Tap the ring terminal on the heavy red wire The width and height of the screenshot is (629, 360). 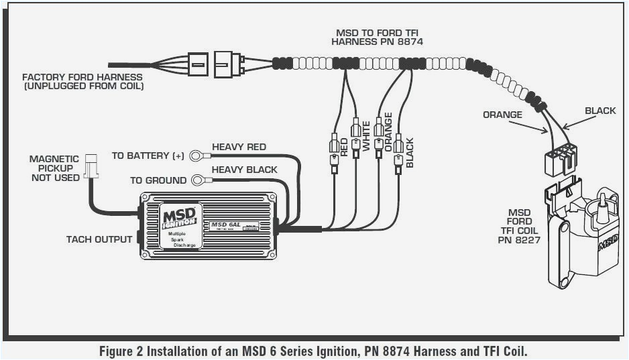point(197,156)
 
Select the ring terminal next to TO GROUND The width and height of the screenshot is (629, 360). point(198,180)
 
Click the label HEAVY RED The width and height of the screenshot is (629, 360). point(239,147)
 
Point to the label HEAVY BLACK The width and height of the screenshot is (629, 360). point(244,170)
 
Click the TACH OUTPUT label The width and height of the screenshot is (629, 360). point(99,239)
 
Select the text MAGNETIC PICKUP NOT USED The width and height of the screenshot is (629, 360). point(54,168)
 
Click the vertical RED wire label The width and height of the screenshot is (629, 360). point(344,147)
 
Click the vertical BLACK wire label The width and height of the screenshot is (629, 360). point(410,153)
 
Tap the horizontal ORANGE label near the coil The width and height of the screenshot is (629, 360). point(502,115)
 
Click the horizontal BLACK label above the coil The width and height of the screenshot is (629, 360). point(599,111)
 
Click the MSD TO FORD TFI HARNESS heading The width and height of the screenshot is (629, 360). point(379,37)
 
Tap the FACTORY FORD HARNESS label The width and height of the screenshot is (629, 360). point(82,82)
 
